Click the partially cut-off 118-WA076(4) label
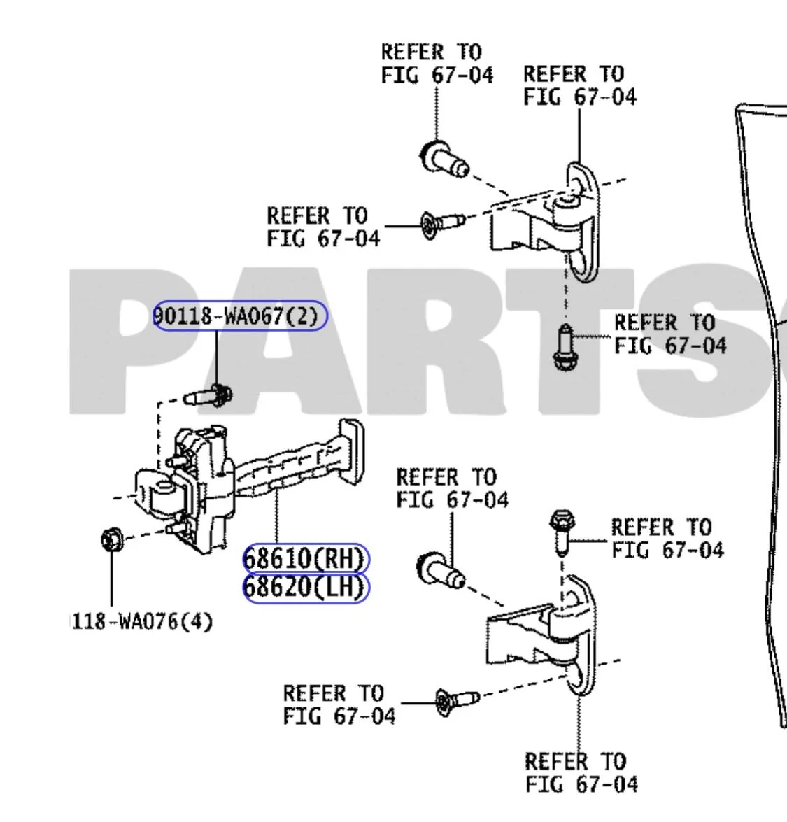click(141, 622)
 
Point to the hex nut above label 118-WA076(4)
click(112, 539)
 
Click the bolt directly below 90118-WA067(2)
click(208, 397)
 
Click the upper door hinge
click(545, 220)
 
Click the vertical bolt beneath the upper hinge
click(565, 346)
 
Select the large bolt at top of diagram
click(444, 159)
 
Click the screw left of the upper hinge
click(443, 225)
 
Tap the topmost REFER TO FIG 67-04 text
click(437, 64)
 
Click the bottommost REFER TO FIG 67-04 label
click(581, 773)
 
